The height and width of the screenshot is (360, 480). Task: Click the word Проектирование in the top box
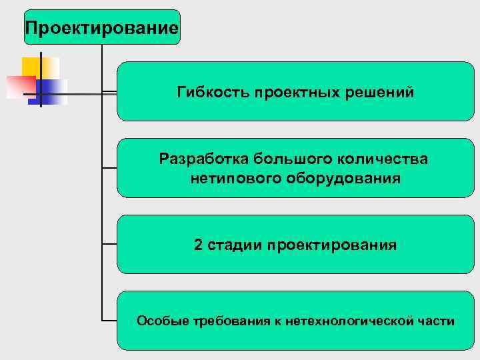point(101,28)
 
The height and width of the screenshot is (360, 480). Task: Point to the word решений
point(381,92)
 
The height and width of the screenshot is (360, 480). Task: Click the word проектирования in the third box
point(331,245)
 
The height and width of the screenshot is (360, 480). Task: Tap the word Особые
point(163,321)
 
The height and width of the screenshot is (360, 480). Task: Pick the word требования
point(231,321)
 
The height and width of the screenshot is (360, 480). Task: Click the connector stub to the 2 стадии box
point(109,245)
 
